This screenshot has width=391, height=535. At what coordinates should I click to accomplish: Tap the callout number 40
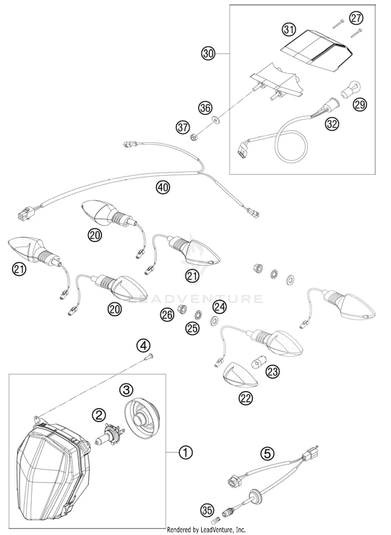(x=163, y=187)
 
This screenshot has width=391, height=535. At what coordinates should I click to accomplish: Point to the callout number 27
(x=356, y=18)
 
